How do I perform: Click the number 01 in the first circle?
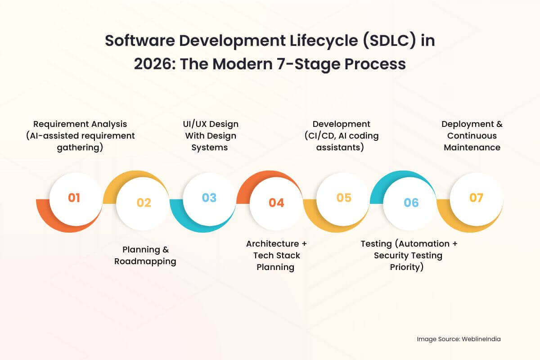click(74, 198)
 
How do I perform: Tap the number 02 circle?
click(144, 203)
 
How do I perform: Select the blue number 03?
click(209, 198)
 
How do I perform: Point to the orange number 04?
click(276, 203)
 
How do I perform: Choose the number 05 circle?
click(344, 198)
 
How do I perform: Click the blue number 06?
click(411, 203)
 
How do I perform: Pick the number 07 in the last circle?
click(476, 198)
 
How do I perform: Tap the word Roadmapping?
click(145, 261)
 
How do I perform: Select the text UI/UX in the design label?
click(191, 124)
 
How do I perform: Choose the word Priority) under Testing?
click(407, 267)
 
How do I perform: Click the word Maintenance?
click(472, 147)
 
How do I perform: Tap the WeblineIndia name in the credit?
click(481, 339)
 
